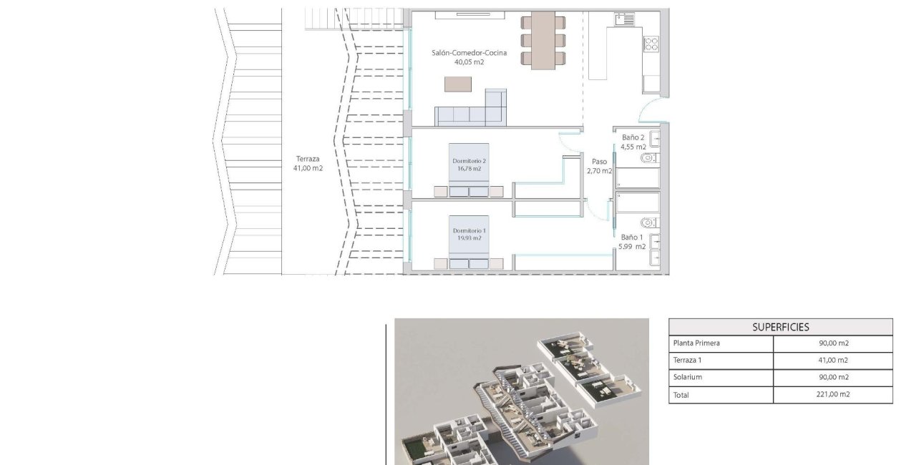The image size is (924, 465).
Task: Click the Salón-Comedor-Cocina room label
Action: (469, 53)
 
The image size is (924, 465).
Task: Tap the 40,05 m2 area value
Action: (469, 62)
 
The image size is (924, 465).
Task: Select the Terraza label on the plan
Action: (308, 159)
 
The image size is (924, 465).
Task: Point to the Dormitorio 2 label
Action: (469, 161)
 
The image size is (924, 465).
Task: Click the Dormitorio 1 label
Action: (469, 230)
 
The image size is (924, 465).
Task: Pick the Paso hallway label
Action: (599, 162)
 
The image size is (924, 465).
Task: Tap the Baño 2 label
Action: (633, 137)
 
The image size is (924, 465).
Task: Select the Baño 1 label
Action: (632, 237)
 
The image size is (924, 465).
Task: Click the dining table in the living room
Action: (543, 40)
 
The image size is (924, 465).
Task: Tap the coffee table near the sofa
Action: (458, 84)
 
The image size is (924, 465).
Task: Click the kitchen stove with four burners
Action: (651, 44)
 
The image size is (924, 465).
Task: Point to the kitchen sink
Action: (624, 19)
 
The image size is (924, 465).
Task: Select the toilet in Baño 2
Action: (648, 157)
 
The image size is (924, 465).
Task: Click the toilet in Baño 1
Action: (648, 221)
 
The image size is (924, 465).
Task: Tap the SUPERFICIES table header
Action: (780, 327)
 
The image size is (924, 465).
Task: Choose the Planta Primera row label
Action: (696, 343)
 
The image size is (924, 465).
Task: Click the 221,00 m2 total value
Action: (833, 395)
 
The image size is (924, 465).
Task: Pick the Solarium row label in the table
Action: (687, 378)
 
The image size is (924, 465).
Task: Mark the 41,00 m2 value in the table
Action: (833, 361)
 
